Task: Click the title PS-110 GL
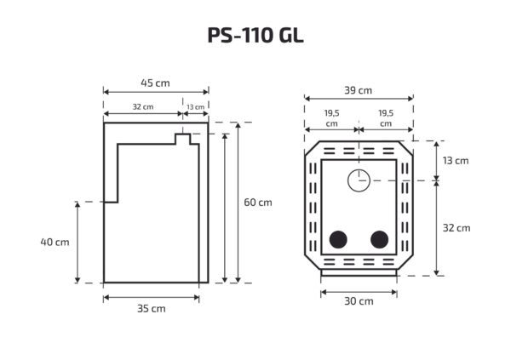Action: tap(255, 36)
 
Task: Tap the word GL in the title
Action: tap(290, 36)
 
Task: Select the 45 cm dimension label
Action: tap(155, 83)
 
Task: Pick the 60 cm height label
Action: tap(258, 203)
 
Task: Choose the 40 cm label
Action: tap(54, 242)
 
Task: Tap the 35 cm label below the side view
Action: tap(152, 308)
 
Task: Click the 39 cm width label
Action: tap(359, 89)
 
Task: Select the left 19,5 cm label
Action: tap(331, 117)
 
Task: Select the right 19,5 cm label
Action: tap(386, 117)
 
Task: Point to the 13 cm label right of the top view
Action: tap(456, 160)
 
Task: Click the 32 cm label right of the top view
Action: tap(456, 227)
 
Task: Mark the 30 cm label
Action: tap(359, 301)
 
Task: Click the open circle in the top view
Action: tap(359, 179)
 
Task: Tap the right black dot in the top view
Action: tap(379, 239)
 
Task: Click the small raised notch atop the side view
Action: tap(182, 137)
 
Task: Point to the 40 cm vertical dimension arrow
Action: tap(78, 242)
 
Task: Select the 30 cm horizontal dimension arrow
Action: tap(359, 290)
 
